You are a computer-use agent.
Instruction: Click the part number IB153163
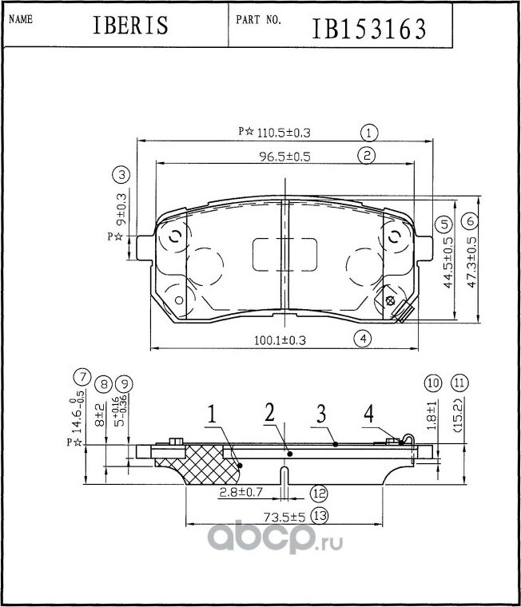click(368, 29)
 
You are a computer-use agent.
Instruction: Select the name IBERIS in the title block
click(130, 26)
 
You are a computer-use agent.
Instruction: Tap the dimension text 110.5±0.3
click(284, 133)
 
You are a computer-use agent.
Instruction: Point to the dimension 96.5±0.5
click(284, 157)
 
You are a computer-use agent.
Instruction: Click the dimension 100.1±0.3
click(280, 340)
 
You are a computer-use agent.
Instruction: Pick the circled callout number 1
click(368, 133)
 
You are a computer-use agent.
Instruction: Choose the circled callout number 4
click(363, 339)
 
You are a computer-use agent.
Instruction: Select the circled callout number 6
click(470, 221)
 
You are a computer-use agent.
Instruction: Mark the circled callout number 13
click(320, 516)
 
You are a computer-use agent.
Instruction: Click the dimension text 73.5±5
click(284, 517)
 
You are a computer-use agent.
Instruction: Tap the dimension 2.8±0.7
click(241, 493)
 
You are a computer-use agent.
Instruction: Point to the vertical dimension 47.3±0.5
click(472, 262)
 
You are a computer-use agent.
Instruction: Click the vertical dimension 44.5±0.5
click(447, 263)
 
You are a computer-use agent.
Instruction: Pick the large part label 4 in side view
click(368, 414)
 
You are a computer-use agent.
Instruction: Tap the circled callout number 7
click(82, 378)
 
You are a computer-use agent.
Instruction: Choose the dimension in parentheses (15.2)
click(458, 415)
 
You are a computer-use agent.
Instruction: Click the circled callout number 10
click(432, 383)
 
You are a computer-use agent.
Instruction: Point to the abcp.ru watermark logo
click(276, 536)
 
